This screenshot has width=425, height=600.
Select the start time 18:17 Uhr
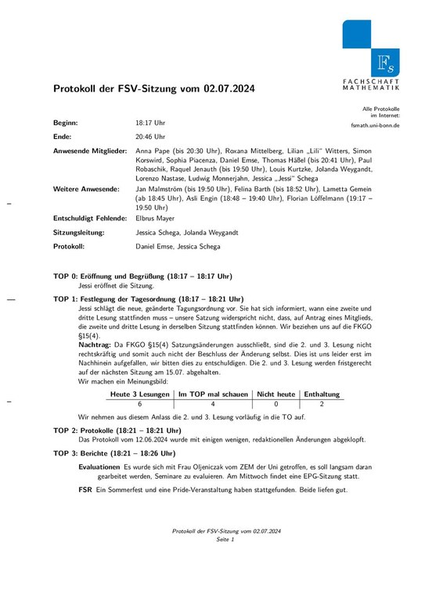point(150,123)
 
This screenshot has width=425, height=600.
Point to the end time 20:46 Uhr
point(150,135)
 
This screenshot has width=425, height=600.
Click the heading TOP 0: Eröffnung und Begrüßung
point(142,277)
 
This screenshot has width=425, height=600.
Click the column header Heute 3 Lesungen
point(140,395)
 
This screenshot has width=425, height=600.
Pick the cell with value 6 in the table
point(140,405)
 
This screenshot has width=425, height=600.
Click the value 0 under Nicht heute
point(276,405)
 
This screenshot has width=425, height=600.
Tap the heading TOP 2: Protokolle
point(117,430)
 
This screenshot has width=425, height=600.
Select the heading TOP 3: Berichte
point(115,453)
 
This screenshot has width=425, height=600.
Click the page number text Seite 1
point(226,540)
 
